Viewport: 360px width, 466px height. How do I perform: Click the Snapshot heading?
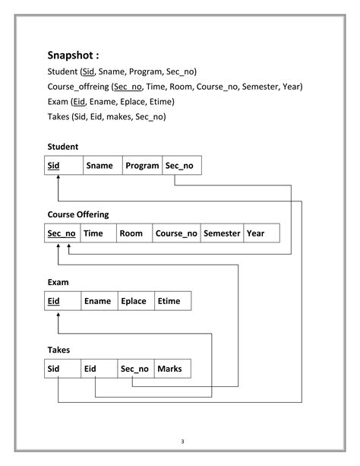74,55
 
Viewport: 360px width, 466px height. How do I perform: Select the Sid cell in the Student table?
62,166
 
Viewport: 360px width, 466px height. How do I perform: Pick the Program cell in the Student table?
142,166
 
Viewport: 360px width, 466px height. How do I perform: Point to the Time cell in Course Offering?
97,233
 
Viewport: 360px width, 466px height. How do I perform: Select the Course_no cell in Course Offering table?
176,233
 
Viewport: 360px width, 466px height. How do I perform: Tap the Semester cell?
222,233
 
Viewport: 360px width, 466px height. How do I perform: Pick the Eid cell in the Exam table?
62,301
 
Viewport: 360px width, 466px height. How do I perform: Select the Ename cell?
99,301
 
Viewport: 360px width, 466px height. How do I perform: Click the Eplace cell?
136,301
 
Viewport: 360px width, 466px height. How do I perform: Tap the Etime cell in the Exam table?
172,301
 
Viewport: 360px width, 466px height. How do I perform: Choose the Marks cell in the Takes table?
172,369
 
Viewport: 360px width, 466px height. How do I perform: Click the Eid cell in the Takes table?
99,369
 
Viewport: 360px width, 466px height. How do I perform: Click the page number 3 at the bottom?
182,441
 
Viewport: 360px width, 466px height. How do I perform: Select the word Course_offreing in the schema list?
78,87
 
